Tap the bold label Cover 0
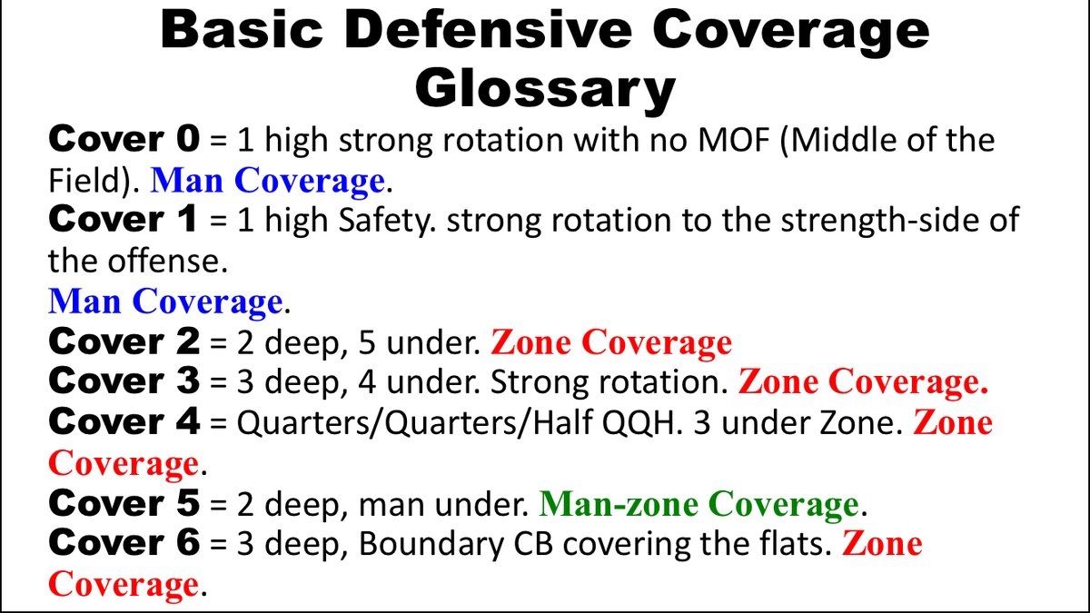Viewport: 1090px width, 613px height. coord(123,140)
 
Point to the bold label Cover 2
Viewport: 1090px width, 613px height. coord(123,342)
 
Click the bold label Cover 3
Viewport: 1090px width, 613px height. coord(123,382)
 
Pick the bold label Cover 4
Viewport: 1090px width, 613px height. coord(123,422)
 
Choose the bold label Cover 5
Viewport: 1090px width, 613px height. coord(123,503)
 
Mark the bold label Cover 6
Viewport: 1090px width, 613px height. coord(123,543)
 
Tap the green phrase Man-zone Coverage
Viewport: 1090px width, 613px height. coord(698,503)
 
